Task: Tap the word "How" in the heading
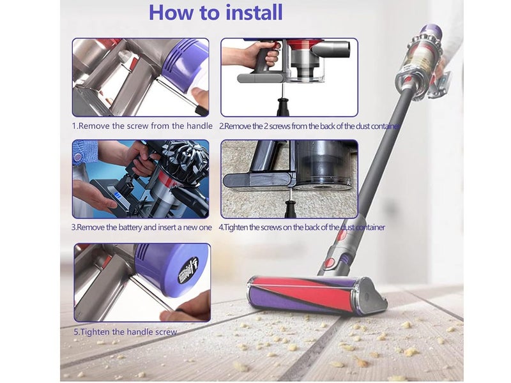point(171,13)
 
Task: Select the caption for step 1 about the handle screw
point(142,126)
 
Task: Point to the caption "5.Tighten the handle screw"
point(125,331)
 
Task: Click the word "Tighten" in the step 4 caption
point(244,227)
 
